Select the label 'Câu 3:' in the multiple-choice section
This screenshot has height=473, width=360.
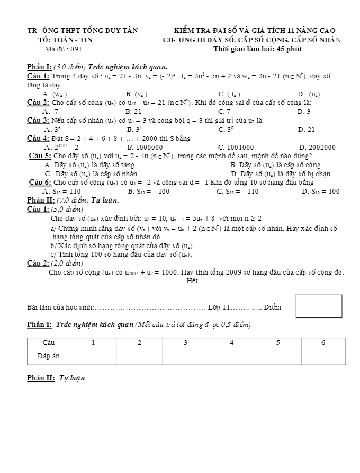(x=38, y=120)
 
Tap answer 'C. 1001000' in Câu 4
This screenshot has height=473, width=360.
(x=236, y=147)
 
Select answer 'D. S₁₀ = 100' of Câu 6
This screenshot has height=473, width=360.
(x=320, y=192)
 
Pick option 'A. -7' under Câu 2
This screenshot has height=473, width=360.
(x=51, y=112)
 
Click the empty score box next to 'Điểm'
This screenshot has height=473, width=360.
(x=315, y=306)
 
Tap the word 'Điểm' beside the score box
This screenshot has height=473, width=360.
(x=273, y=307)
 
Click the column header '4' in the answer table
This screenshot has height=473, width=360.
(x=232, y=342)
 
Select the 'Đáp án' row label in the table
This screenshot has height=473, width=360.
(x=49, y=356)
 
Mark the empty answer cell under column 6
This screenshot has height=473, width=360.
(x=323, y=356)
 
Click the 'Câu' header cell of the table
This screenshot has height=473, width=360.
(x=49, y=342)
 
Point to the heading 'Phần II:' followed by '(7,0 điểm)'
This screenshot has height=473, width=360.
(x=40, y=200)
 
